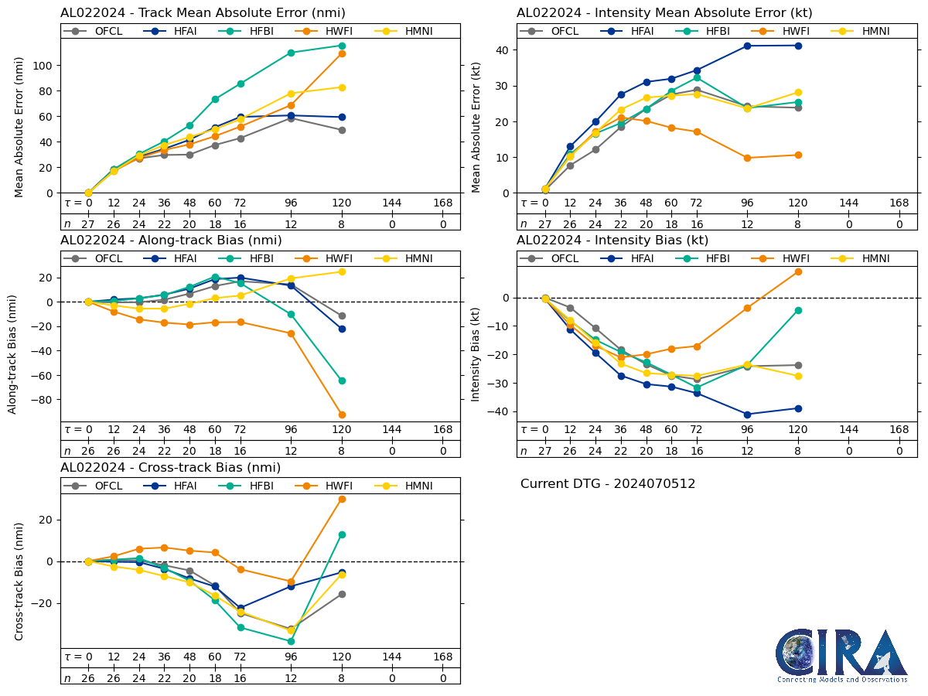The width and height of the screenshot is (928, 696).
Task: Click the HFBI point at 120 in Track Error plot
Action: point(342,46)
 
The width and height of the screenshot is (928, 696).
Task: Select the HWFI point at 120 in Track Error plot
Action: point(342,53)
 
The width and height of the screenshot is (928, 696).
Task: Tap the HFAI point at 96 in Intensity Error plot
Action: point(747,46)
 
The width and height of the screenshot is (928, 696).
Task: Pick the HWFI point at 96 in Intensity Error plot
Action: point(747,158)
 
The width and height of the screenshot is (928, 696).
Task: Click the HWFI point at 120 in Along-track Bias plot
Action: point(342,415)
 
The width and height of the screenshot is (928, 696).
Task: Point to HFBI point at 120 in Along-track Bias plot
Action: point(342,380)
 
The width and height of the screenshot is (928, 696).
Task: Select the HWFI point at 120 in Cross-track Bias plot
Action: point(342,499)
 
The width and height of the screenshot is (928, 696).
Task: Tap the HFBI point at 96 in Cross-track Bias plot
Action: point(291,641)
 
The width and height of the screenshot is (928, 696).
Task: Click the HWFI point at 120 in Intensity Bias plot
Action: point(798,271)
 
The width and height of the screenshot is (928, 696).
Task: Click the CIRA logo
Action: point(842,656)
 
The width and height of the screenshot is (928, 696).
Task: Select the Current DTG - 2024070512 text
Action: point(608,484)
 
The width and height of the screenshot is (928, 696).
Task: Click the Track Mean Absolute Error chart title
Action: point(203,12)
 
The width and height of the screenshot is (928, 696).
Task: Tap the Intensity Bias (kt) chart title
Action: point(612,240)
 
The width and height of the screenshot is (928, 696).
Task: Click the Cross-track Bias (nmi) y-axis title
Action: point(19,581)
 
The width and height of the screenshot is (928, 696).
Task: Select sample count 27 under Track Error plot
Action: point(88,223)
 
